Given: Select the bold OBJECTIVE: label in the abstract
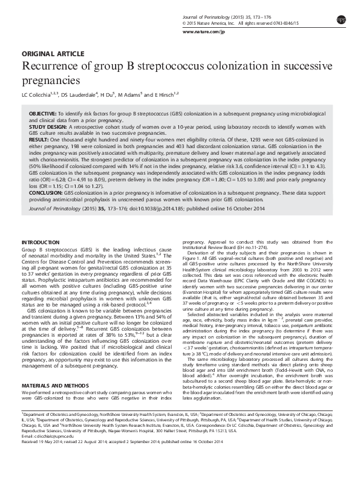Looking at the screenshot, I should pos(43,114).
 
